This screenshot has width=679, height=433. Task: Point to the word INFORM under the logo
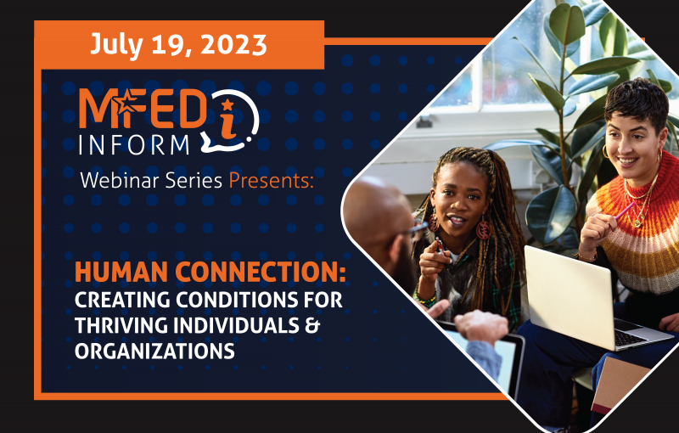pos(134,145)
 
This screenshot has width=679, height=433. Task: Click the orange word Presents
pos(271,180)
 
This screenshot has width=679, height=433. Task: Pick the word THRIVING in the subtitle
pos(121,326)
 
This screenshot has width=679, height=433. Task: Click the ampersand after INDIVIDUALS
pos(311,326)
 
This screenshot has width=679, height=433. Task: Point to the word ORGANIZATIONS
pos(154,351)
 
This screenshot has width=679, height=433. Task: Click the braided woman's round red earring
pos(484,228)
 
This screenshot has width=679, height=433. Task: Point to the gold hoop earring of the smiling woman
pos(605,151)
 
